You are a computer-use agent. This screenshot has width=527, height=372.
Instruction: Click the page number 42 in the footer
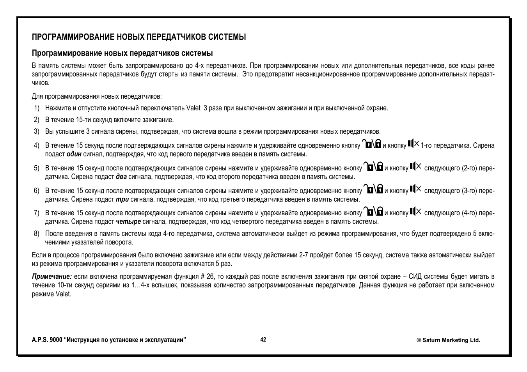263,340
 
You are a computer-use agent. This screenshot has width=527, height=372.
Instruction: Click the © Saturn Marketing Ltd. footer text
448,340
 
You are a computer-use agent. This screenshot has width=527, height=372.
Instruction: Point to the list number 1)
37,108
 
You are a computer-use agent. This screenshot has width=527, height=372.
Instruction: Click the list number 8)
37,234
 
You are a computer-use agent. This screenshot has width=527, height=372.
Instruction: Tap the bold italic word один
74,154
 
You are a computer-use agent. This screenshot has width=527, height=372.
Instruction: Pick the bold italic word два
121,177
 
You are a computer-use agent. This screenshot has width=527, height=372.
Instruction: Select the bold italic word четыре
128,222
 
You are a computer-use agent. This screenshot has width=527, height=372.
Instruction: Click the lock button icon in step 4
372,144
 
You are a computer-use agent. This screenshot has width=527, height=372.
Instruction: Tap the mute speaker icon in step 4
413,144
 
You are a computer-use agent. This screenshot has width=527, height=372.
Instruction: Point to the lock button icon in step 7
374,212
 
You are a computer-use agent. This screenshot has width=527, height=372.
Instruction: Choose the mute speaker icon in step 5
415,167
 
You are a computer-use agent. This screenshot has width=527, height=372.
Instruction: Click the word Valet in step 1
193,108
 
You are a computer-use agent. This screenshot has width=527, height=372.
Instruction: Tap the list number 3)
37,132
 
